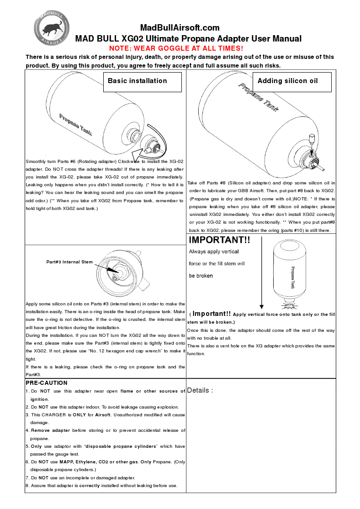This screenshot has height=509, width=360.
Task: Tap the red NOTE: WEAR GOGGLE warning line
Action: [x=176, y=48]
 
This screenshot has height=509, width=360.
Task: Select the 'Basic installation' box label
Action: [x=138, y=81]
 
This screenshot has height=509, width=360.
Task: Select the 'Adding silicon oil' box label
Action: [x=287, y=81]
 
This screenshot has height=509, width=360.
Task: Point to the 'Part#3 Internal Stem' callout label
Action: [x=69, y=262]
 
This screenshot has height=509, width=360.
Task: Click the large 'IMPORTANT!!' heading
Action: [x=220, y=240]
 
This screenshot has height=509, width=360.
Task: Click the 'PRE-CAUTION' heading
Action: [x=47, y=383]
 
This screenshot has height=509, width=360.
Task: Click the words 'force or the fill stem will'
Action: [x=217, y=263]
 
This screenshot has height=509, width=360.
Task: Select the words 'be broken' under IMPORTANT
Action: [x=201, y=276]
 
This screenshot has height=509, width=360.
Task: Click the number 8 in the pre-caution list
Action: [x=27, y=485]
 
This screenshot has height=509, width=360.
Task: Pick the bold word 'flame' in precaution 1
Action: [x=127, y=391]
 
